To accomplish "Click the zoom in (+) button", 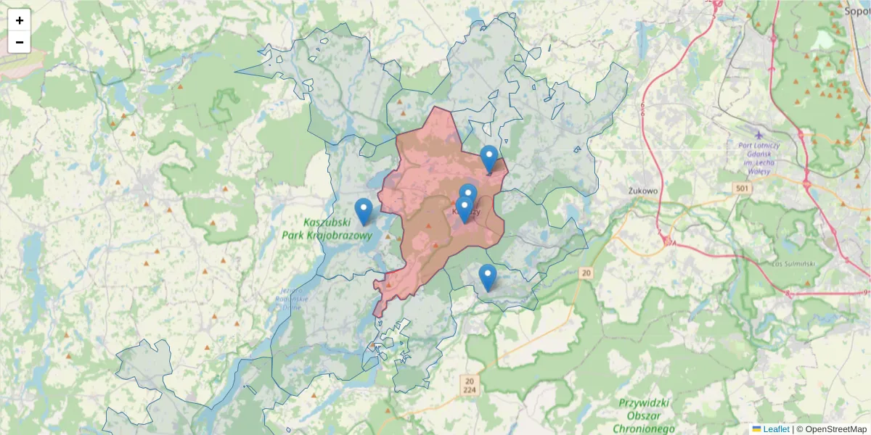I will [x=20, y=20].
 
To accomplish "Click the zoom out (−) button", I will [x=20, y=42].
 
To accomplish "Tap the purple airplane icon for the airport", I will [x=759, y=134].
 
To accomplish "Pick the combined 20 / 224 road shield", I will [x=470, y=385].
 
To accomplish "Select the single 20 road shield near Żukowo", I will [x=586, y=273].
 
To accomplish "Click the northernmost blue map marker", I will [x=489, y=158].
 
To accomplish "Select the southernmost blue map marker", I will [x=488, y=276].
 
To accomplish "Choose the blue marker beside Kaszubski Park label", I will [x=364, y=210].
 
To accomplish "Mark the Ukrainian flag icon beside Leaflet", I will [x=757, y=429].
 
